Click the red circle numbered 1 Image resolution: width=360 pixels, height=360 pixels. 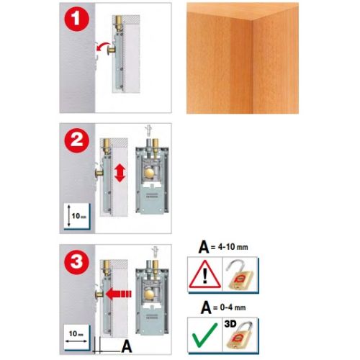point(76,19)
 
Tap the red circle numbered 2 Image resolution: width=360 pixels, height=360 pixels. point(76,140)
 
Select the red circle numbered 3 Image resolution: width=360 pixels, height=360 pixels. point(76,261)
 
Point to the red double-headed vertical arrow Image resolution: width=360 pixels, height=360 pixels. point(120,173)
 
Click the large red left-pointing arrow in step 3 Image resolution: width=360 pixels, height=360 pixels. point(119,294)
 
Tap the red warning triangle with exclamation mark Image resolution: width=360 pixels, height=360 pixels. point(204,274)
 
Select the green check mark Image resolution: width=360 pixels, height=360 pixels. point(204,335)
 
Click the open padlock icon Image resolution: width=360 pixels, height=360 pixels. point(240,275)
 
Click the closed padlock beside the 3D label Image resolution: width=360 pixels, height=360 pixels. point(240,336)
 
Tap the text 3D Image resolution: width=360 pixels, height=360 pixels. point(230,324)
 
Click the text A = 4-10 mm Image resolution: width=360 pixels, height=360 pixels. point(223,247)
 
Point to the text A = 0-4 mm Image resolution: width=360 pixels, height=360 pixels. point(223,307)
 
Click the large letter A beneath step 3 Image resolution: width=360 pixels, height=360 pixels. point(127,346)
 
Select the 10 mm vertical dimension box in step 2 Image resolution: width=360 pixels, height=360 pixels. point(77,216)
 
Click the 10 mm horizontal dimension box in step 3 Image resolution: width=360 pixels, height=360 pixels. point(77,338)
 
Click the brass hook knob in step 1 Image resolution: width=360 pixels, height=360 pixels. point(112,50)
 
